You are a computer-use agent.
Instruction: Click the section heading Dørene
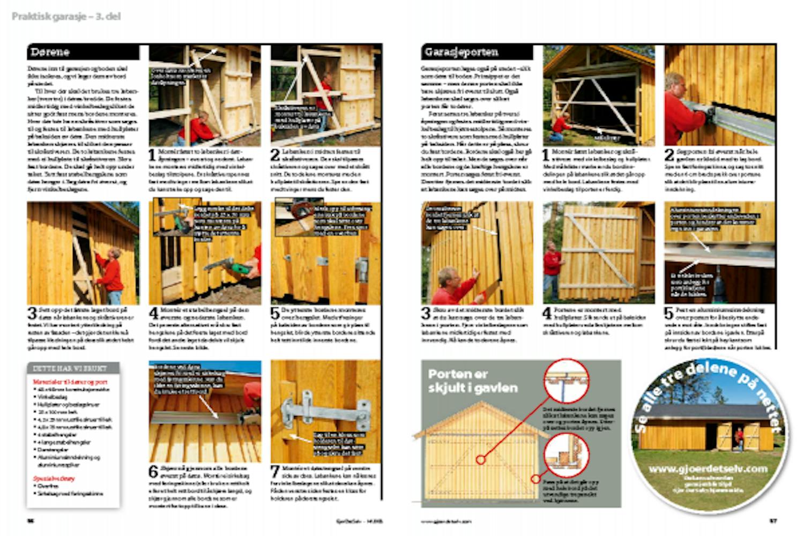tap(50, 52)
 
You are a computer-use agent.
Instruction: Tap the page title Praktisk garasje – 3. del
tap(66, 17)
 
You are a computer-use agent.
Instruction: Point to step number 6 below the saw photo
tap(154, 472)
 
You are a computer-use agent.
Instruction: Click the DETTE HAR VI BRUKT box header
tap(70, 369)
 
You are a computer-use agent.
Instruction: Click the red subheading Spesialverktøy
tap(54, 479)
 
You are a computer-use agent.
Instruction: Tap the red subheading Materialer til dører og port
tap(70, 382)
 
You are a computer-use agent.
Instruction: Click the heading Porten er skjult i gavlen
tap(473, 380)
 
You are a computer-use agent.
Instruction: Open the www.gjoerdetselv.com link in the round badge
tap(708, 469)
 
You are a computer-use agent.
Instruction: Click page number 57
tap(773, 520)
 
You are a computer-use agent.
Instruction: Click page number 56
tap(31, 520)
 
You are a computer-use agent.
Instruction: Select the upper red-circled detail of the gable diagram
tap(566, 381)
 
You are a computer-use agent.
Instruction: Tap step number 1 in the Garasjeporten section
tap(546, 155)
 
